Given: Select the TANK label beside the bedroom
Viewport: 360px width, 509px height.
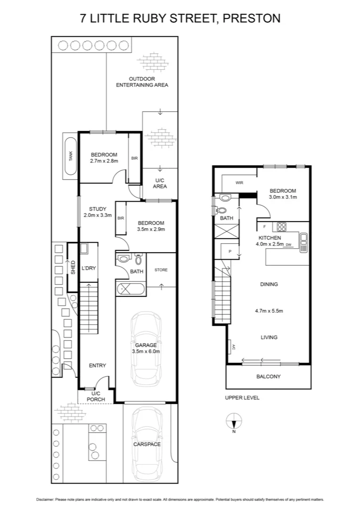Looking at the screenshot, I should (71, 156).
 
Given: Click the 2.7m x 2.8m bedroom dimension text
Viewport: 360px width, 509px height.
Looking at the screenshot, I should (104, 161).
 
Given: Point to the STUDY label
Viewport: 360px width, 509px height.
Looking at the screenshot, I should (98, 209).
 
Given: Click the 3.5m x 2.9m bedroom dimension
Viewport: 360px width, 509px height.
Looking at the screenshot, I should (151, 230).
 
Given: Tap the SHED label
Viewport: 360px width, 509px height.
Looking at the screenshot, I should (73, 267).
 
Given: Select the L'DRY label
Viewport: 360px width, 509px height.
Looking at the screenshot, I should (89, 268).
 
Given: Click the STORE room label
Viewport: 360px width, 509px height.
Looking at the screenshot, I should (161, 270).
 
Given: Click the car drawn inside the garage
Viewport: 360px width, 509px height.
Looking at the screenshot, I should (146, 348).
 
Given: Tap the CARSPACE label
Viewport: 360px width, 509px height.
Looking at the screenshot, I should (147, 444).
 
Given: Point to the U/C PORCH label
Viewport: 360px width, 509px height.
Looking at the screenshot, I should (96, 396).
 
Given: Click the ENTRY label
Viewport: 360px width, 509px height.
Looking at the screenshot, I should (98, 365).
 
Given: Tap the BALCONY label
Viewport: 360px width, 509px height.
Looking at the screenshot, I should (269, 377).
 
